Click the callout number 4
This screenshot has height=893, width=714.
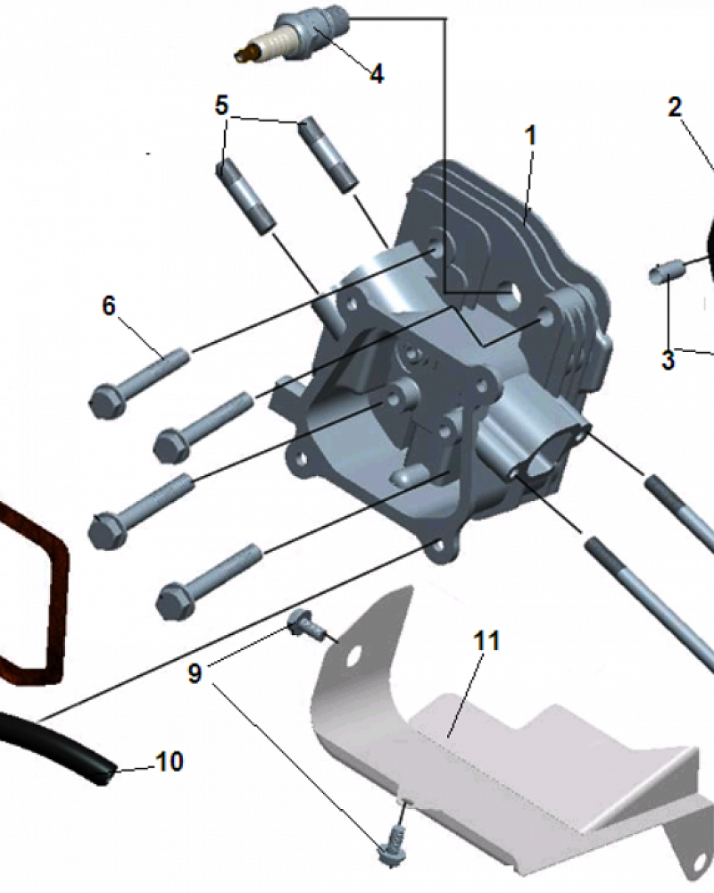[377, 74]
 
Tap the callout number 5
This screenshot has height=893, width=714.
[221, 105]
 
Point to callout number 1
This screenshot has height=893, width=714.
[530, 136]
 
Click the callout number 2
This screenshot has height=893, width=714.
[675, 107]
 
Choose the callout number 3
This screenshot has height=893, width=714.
[668, 360]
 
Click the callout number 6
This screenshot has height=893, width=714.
[109, 305]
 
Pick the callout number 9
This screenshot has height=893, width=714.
[195, 673]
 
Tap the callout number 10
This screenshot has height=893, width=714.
[169, 762]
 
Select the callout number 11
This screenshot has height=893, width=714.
[486, 640]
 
